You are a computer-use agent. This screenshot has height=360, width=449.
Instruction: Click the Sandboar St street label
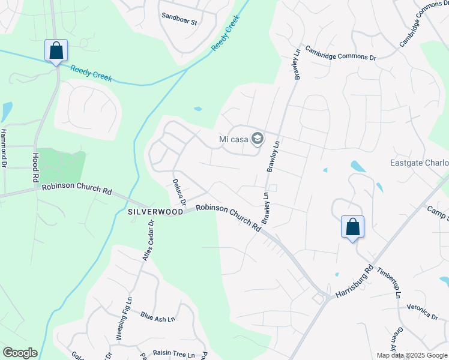coord(179,22)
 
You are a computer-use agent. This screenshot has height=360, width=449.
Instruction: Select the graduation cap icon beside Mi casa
coord(257,140)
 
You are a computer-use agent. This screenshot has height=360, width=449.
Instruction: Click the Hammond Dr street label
coord(4,148)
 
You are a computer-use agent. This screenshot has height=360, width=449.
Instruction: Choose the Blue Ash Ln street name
coord(157,315)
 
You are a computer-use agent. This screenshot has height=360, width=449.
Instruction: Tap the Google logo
coord(20,353)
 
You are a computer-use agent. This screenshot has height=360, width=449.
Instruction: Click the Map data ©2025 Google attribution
coord(412,355)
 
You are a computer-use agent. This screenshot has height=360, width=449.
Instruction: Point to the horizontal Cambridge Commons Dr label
coord(340,53)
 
